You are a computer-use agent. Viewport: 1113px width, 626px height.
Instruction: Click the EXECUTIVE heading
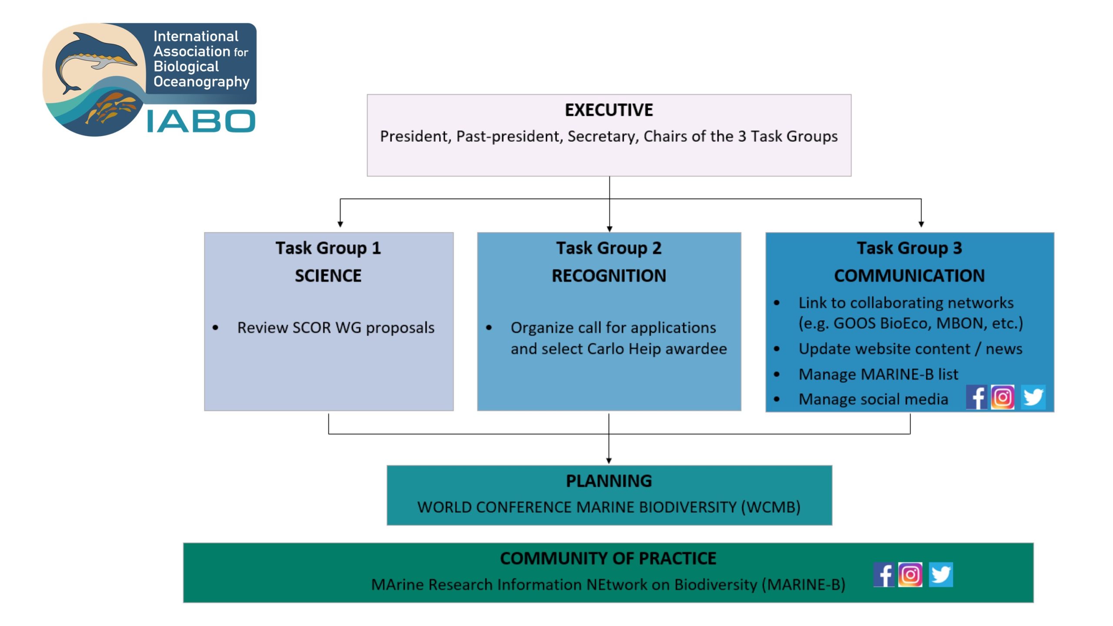[609, 110]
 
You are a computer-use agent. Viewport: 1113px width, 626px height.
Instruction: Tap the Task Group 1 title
[328, 248]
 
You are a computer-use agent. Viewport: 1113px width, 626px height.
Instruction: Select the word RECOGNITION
[609, 276]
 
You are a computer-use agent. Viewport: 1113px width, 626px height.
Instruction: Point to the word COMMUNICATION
[909, 276]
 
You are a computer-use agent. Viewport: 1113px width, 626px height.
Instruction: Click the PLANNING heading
[609, 481]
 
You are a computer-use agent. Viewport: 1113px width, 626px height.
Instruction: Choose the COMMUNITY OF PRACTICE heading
[608, 558]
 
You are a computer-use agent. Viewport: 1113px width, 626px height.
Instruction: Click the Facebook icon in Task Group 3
[976, 397]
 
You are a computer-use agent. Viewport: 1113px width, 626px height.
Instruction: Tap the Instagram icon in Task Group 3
[1003, 397]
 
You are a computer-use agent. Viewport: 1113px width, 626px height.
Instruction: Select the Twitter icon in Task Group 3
[1033, 397]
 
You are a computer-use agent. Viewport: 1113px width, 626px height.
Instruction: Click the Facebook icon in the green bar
[884, 574]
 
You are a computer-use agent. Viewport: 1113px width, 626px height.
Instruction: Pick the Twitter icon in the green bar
[941, 574]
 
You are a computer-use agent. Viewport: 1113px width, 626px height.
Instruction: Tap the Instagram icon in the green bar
[910, 574]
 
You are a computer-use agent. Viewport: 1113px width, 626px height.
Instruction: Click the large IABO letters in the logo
[201, 121]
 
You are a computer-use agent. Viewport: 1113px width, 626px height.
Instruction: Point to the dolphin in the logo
[93, 59]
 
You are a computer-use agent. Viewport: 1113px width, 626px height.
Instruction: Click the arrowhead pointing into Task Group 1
[340, 224]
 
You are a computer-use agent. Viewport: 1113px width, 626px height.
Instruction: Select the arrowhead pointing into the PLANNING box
[609, 460]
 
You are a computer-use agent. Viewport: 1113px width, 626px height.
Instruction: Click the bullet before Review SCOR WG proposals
[215, 328]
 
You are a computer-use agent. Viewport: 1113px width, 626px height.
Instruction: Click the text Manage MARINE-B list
[878, 374]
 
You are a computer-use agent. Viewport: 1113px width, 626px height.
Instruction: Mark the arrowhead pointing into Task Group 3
[921, 224]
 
